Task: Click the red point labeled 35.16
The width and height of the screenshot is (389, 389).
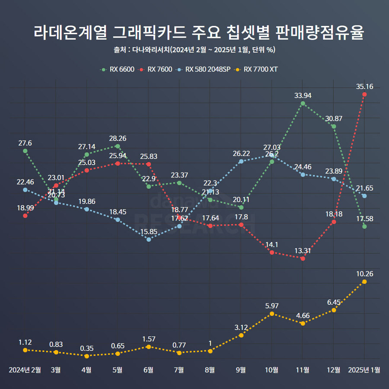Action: pos(364,94)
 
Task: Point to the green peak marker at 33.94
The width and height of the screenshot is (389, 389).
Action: pos(303,104)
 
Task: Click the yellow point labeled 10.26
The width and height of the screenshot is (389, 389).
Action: pos(364,282)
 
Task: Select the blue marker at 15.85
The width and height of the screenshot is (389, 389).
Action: pos(149,239)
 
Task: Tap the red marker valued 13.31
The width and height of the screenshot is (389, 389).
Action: pos(303,258)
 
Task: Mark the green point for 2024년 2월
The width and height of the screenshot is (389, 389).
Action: pos(25,151)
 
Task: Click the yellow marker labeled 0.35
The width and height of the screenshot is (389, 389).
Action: pos(87,356)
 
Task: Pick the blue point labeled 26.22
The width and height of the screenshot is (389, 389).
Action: pos(241,162)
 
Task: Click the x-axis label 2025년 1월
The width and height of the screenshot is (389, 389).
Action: pos(364,370)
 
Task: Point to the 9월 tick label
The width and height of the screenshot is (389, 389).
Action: pos(241,370)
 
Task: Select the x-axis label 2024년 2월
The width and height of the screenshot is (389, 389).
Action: pos(25,370)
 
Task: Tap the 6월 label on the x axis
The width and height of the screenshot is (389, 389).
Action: pos(148,370)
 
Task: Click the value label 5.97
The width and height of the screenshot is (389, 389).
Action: pos(272,306)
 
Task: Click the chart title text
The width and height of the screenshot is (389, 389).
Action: pos(194,33)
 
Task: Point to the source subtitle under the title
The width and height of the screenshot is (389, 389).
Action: pos(194,50)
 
